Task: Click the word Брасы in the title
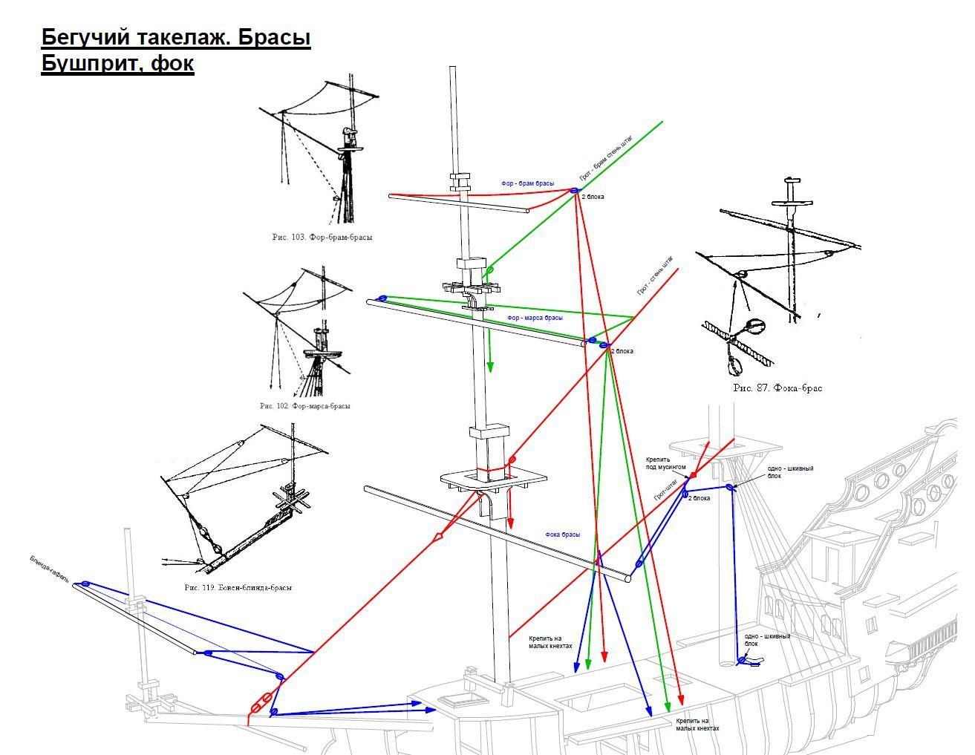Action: point(275,37)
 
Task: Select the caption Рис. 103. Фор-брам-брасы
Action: point(322,238)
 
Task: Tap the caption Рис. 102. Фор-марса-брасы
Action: point(304,406)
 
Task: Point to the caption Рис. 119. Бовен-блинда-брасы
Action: point(238,587)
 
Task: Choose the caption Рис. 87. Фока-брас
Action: point(777,388)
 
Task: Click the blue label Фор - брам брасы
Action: point(527,183)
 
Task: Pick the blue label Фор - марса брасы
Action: point(535,318)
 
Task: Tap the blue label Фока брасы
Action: point(562,535)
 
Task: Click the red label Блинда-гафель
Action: point(51,570)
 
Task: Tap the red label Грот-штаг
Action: point(665,490)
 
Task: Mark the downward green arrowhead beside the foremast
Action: point(490,367)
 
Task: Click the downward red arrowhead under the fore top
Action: point(511,524)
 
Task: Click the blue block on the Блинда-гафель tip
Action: point(85,584)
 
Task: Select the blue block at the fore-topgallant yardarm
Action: point(574,191)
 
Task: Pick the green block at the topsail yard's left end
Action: point(382,298)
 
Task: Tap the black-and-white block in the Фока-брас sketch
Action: point(754,327)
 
